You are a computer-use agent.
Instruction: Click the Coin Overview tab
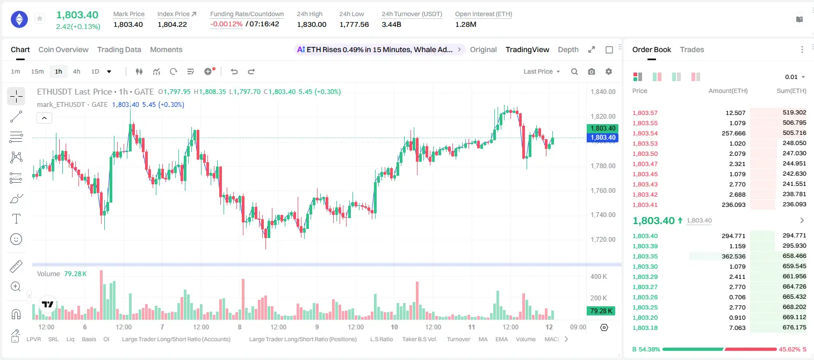63,49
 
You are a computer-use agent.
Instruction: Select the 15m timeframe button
37,71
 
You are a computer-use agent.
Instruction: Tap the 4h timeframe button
76,71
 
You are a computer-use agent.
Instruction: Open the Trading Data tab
119,49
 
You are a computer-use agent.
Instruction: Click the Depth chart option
568,49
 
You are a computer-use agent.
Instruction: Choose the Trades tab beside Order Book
692,49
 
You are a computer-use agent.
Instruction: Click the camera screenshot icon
592,71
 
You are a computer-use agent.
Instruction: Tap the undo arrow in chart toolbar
234,71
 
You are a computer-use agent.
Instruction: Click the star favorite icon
40,18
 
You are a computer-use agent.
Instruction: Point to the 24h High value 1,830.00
312,24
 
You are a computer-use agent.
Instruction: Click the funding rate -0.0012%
226,24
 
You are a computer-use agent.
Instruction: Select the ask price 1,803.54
645,133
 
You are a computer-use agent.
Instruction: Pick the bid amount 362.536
733,256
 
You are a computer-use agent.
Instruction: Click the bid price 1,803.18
645,328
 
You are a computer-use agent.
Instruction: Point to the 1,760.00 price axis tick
603,190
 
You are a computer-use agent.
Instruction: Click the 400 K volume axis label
599,277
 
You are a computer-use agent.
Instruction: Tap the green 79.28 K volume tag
601,311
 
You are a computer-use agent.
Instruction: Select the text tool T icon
16,219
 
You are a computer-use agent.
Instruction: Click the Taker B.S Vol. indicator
419,339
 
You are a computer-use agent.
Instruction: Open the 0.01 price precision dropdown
795,77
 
